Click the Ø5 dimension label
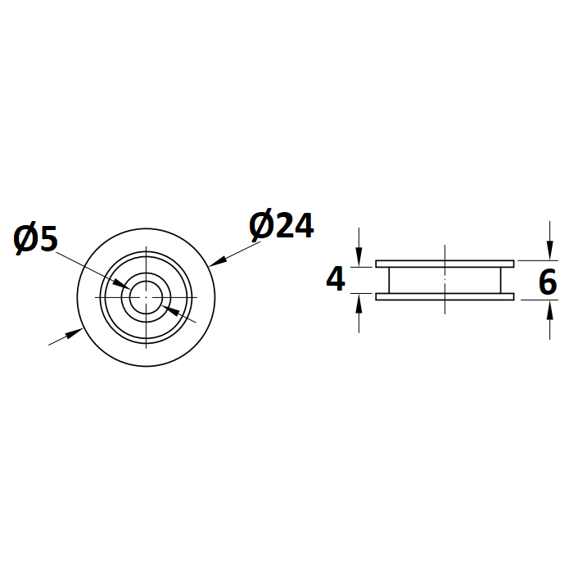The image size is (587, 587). (x=35, y=238)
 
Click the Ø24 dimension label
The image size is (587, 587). (x=282, y=226)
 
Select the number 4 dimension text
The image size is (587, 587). (x=336, y=279)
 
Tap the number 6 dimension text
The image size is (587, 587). (x=548, y=282)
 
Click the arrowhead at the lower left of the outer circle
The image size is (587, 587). (x=75, y=333)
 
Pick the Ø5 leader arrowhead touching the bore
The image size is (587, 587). (x=122, y=284)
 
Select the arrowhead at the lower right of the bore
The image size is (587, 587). (x=170, y=310)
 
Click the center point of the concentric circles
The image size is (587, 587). (x=146, y=297)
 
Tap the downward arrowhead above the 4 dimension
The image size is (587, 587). (x=359, y=257)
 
